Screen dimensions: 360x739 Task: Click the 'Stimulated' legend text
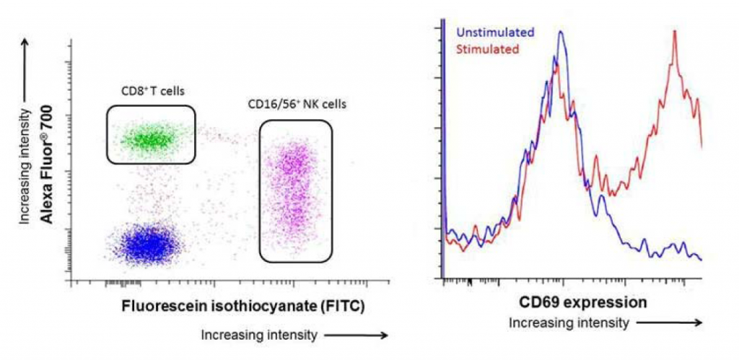point(487,49)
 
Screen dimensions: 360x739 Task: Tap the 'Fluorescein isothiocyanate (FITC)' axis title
point(242,305)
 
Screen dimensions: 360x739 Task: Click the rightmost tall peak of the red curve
point(675,32)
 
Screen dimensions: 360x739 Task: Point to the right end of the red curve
point(701,146)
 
